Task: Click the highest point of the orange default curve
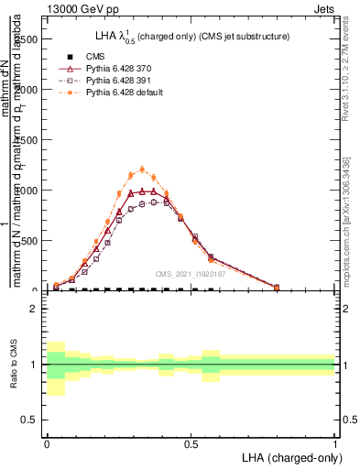coord(142,169)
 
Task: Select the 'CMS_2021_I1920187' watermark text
coord(190,274)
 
